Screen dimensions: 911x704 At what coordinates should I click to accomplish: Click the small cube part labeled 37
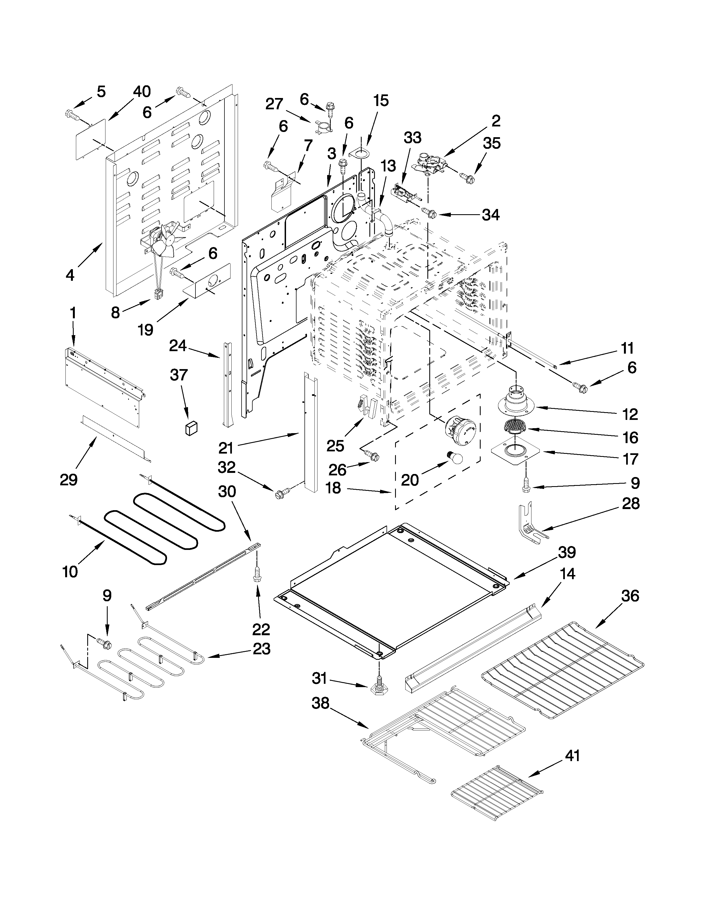point(191,428)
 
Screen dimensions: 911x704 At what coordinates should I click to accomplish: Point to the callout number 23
point(261,649)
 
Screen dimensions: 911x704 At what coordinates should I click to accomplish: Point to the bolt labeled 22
point(256,574)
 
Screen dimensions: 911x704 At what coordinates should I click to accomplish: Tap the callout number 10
point(70,571)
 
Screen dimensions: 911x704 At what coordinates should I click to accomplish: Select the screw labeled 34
point(430,213)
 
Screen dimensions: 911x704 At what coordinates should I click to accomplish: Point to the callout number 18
point(333,488)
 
